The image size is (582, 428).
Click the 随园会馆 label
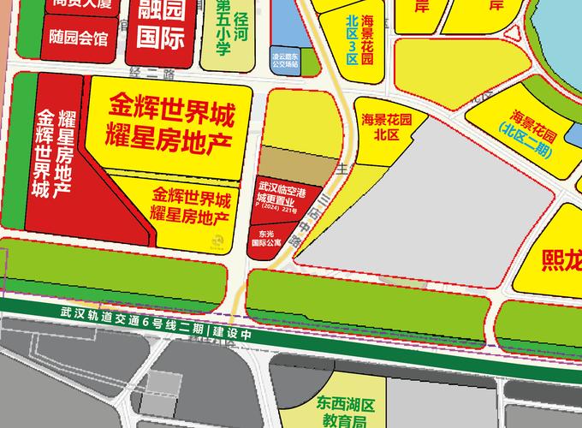79,39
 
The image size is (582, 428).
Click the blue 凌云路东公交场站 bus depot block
283,57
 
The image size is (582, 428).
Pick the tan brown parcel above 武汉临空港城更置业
295,163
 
